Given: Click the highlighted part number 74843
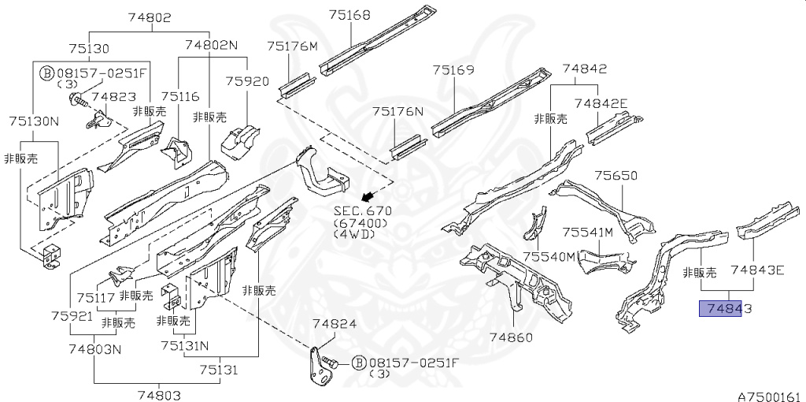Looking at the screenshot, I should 721,308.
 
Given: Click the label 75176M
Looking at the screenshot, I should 293,46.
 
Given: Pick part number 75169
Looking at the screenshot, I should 453,70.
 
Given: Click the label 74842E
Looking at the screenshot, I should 601,103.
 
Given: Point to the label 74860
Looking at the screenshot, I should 512,337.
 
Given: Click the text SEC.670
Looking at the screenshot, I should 362,211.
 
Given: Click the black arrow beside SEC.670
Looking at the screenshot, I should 364,195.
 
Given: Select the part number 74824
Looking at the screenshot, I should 335,324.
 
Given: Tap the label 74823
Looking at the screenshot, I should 113,97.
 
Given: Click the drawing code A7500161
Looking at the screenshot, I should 769,395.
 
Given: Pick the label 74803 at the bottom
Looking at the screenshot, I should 160,395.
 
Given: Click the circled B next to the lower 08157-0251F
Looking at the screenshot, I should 358,363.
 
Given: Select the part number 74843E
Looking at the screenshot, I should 757,270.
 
